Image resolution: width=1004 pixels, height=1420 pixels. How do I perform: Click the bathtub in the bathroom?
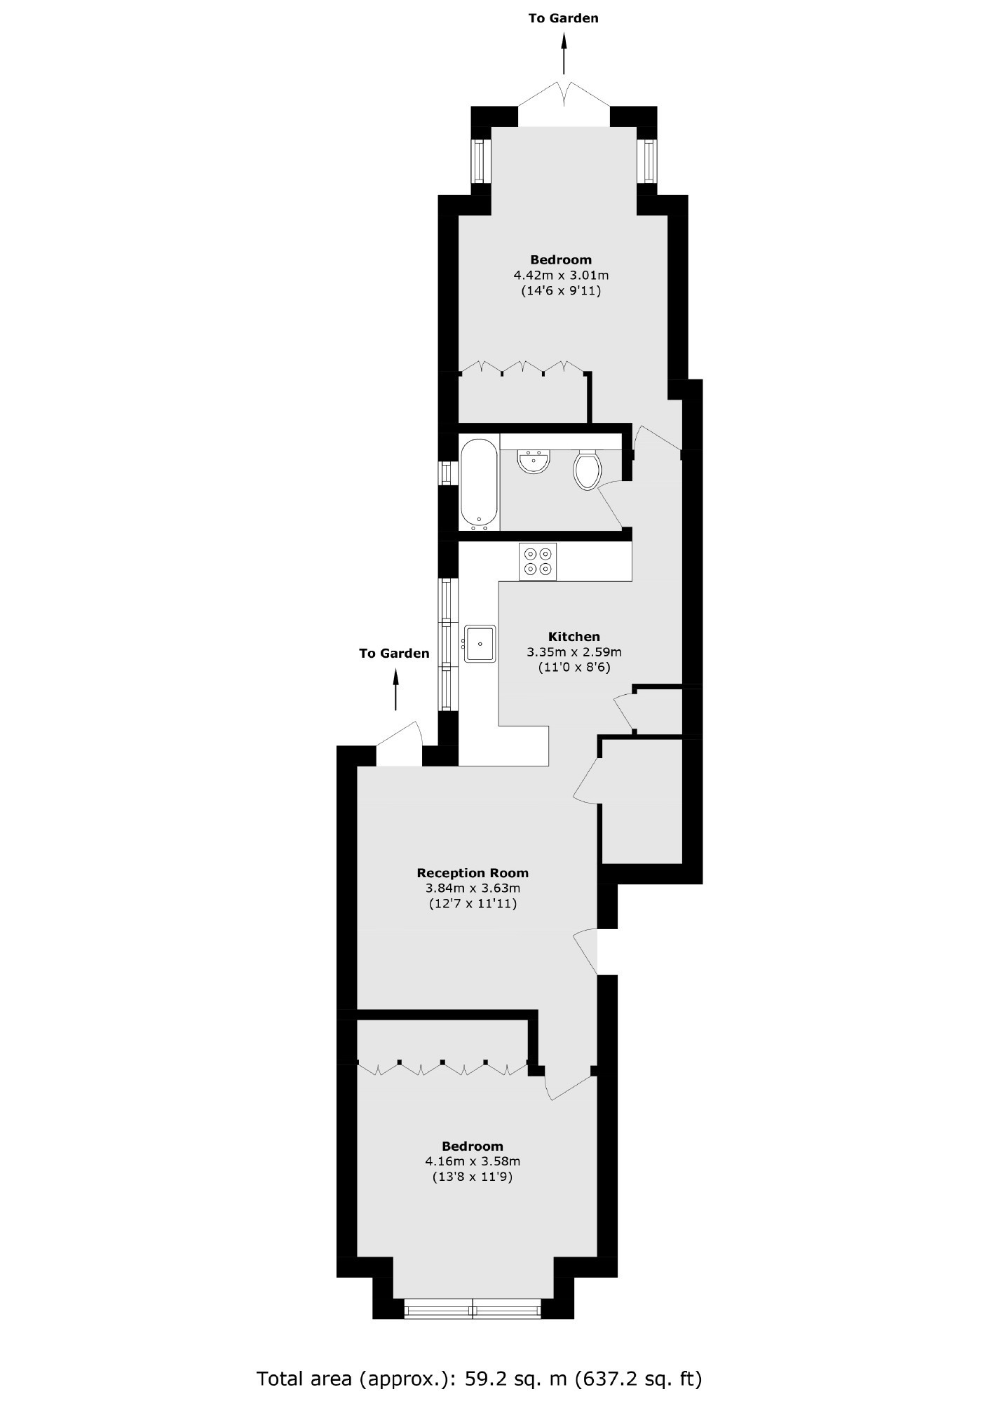480,484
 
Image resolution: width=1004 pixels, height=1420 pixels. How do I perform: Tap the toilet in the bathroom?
588,468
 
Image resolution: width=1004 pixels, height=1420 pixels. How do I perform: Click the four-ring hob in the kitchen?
538,561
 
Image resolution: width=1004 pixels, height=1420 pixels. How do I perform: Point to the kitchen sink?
480,643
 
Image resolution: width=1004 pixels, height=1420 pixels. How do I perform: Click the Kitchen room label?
574,637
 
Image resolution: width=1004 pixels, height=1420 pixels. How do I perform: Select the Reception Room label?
473,873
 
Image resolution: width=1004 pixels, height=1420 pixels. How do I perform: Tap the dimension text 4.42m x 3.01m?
561,275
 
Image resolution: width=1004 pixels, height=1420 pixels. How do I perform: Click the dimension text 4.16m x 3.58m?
473,1161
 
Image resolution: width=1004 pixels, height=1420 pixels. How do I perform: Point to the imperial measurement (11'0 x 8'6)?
574,668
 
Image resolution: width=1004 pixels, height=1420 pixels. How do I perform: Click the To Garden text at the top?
564,18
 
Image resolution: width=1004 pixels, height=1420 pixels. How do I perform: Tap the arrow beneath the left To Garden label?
395,690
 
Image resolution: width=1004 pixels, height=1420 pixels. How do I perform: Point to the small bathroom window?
445,473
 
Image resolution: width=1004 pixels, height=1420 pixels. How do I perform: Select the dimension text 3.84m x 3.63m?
473,888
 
